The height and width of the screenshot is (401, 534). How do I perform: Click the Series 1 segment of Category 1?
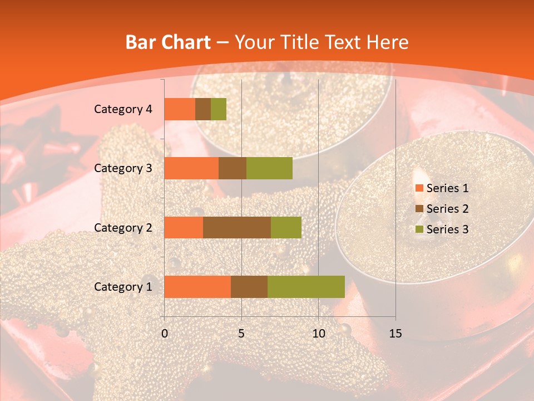(x=197, y=287)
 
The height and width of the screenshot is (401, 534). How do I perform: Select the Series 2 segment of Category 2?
(x=237, y=227)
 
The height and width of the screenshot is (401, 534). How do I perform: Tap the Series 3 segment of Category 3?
(x=269, y=168)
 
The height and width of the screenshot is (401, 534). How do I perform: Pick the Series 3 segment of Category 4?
(x=219, y=109)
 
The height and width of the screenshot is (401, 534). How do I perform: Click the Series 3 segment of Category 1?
(x=306, y=287)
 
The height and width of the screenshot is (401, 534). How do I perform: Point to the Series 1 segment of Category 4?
(x=180, y=109)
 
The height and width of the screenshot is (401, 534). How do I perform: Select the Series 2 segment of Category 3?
(x=233, y=168)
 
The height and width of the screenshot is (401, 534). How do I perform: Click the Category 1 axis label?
(x=122, y=287)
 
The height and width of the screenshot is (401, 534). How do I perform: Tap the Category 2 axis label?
(x=122, y=227)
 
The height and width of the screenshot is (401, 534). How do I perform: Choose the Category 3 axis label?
(x=122, y=168)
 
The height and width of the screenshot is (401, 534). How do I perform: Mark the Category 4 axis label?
(x=122, y=109)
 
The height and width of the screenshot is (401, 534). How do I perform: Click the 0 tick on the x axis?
(x=164, y=334)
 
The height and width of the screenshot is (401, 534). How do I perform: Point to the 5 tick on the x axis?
(x=241, y=334)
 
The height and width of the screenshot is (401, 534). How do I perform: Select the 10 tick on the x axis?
(x=318, y=334)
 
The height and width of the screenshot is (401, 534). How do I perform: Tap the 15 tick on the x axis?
(x=395, y=334)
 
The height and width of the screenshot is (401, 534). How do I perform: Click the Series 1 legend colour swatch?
(x=419, y=188)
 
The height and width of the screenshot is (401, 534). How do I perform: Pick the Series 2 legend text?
(x=447, y=209)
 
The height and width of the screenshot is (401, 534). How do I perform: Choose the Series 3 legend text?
(x=447, y=229)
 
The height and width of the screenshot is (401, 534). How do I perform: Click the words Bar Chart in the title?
(x=168, y=42)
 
